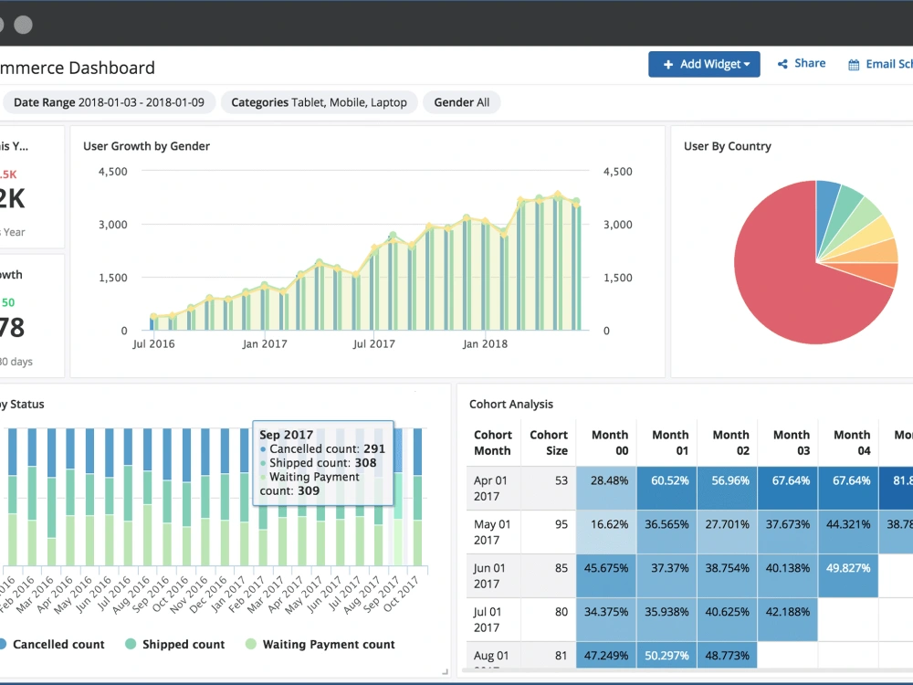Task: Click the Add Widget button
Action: pyautogui.click(x=704, y=64)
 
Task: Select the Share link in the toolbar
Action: pyautogui.click(x=802, y=64)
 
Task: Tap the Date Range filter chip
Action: pyautogui.click(x=110, y=102)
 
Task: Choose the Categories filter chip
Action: pyautogui.click(x=319, y=102)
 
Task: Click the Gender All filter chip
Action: pyautogui.click(x=461, y=102)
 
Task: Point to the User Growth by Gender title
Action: pyautogui.click(x=146, y=146)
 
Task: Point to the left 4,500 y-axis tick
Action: pyautogui.click(x=112, y=172)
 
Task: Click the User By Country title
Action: pyautogui.click(x=727, y=146)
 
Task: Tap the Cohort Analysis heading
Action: pyautogui.click(x=511, y=405)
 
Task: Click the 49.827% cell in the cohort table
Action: pyautogui.click(x=847, y=568)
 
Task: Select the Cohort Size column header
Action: pyautogui.click(x=549, y=443)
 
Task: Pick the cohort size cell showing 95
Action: pyautogui.click(x=559, y=525)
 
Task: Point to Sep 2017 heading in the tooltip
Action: pyautogui.click(x=287, y=436)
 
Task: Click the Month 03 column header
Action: pyautogui.click(x=791, y=443)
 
